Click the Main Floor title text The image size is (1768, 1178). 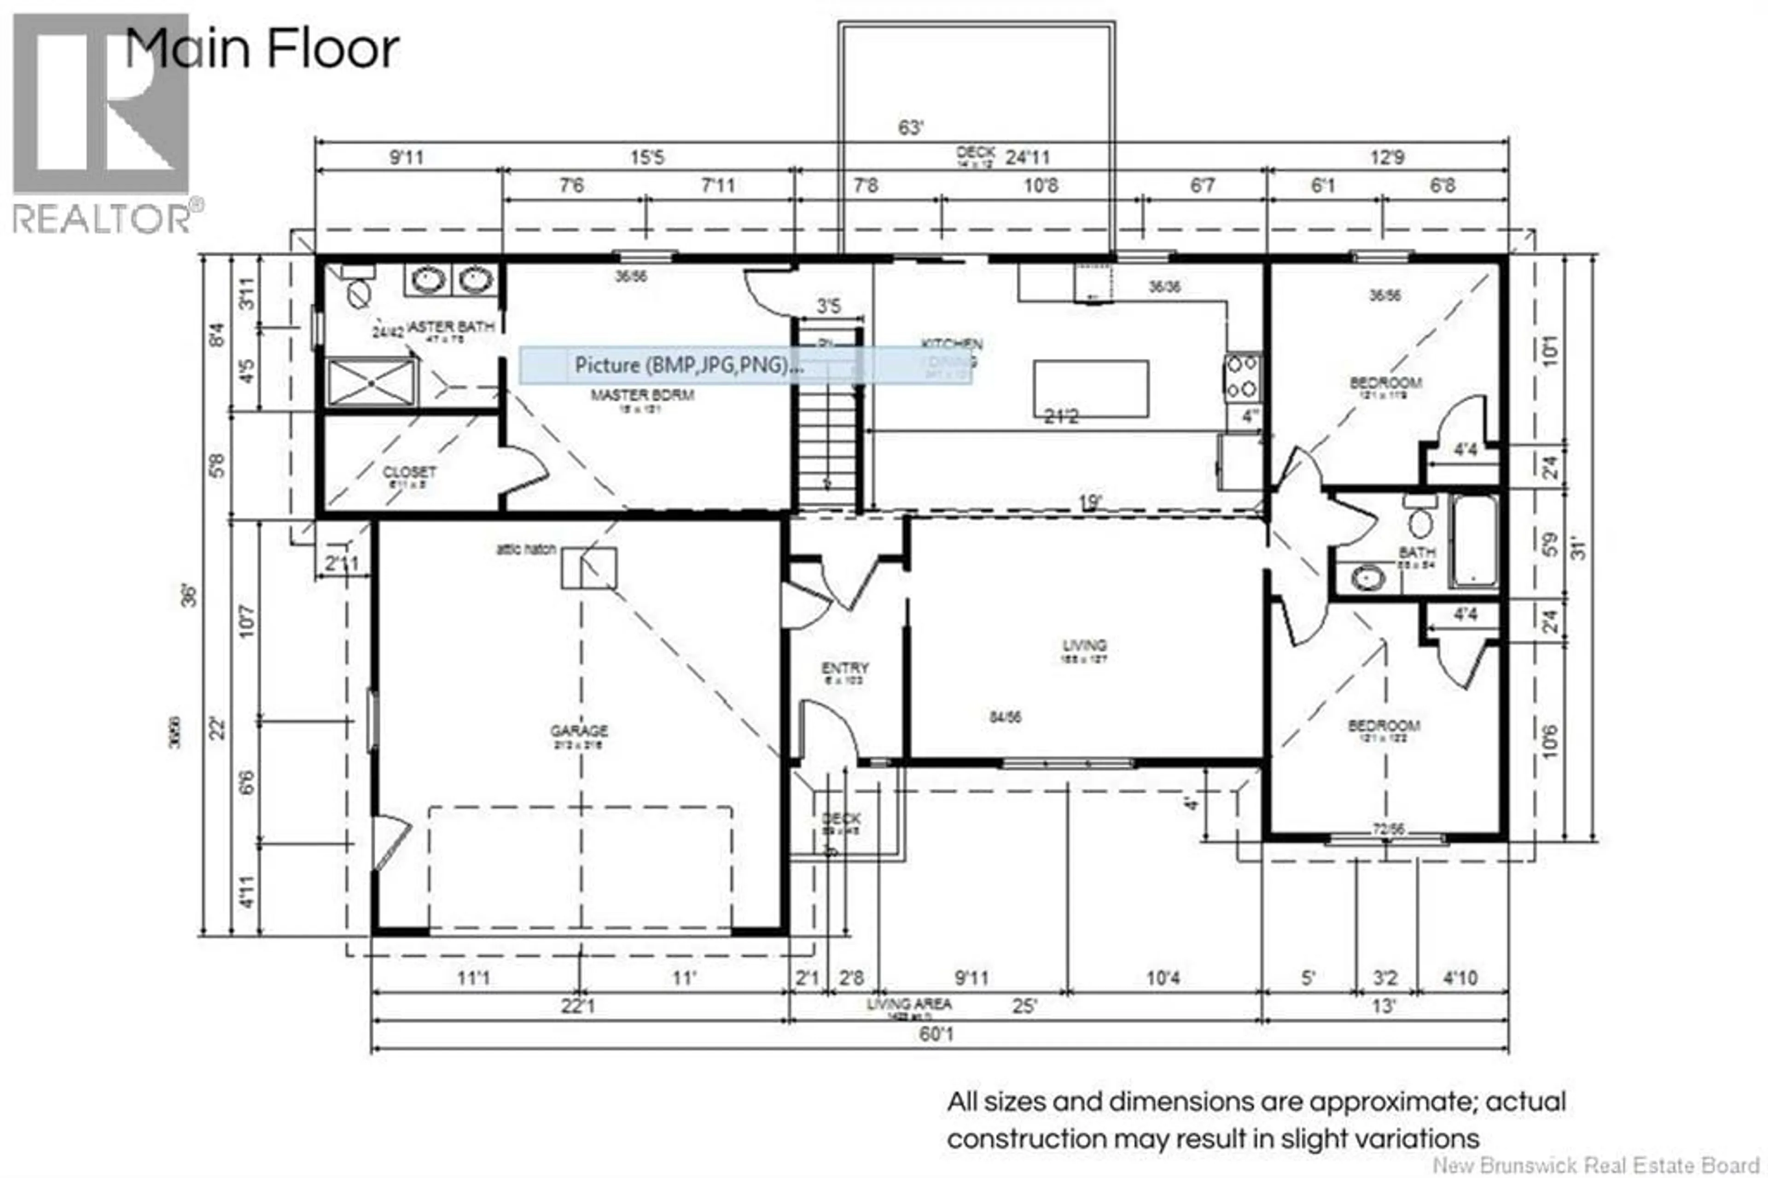[x=262, y=50]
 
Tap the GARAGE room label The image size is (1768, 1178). [x=578, y=730]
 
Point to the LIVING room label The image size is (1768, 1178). [x=1084, y=645]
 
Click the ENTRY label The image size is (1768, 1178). [x=844, y=667]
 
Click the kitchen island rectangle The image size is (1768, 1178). [x=1091, y=388]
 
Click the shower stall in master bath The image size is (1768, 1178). [x=372, y=382]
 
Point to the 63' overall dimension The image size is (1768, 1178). [x=910, y=128]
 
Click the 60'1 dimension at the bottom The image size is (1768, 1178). [x=936, y=1034]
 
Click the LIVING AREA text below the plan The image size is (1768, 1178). [x=909, y=1004]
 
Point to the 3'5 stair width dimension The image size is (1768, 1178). [x=828, y=306]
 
